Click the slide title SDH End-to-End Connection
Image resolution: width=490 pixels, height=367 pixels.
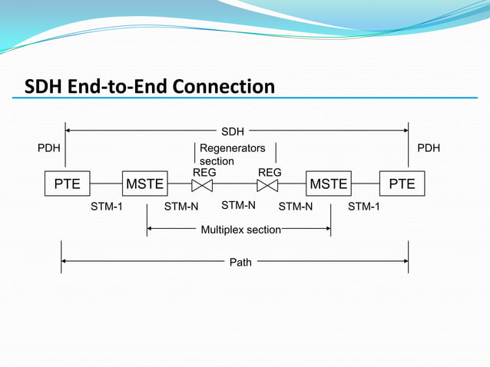(x=150, y=87)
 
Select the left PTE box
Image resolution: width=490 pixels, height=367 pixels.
(x=67, y=184)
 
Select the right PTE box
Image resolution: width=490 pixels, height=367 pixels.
(x=402, y=184)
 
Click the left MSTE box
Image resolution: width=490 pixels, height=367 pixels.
(x=145, y=184)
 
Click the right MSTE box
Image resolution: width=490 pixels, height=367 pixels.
(x=328, y=184)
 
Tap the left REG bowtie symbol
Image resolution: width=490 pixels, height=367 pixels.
(x=202, y=186)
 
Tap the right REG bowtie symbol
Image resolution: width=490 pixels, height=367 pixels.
(x=268, y=186)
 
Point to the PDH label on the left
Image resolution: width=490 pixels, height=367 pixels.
(x=50, y=148)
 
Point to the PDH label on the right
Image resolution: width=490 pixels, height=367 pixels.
(x=429, y=148)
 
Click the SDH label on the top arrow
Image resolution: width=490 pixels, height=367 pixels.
(x=233, y=132)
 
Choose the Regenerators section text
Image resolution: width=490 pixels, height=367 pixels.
(x=232, y=154)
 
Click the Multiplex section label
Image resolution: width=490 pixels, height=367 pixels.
(x=240, y=230)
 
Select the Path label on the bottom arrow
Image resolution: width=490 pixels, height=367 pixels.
(x=240, y=263)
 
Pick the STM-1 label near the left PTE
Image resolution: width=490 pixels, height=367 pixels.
(x=107, y=207)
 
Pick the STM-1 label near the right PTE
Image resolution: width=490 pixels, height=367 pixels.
(x=365, y=207)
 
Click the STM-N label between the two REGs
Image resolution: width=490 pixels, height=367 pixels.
(x=238, y=206)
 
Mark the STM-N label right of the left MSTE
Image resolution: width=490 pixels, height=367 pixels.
(x=181, y=207)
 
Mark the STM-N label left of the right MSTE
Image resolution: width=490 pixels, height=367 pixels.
(x=295, y=207)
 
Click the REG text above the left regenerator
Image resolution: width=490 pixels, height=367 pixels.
(x=204, y=173)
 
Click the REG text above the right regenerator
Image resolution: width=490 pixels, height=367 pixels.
(x=270, y=173)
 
